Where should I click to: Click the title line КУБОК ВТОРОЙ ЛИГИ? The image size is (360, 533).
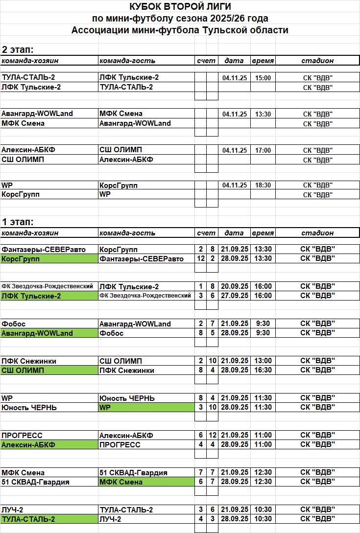tap(180, 7)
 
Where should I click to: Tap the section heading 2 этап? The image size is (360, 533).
tap(18, 49)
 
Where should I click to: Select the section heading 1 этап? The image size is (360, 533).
tap(18, 222)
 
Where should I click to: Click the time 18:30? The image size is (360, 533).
tap(263, 185)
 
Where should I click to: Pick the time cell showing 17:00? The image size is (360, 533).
tap(263, 150)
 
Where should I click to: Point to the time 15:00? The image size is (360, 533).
tap(263, 78)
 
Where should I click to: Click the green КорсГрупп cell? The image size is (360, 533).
tap(49, 258)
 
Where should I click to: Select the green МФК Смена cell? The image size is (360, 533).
tap(146, 482)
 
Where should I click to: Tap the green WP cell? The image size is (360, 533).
tap(146, 407)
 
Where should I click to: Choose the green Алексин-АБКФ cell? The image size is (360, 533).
tap(49, 445)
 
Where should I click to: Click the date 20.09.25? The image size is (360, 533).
tap(234, 287)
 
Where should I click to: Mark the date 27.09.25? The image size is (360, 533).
tap(234, 296)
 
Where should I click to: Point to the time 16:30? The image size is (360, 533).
tap(263, 371)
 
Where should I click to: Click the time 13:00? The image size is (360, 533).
tap(263, 361)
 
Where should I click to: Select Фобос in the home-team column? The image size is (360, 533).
tap(14, 324)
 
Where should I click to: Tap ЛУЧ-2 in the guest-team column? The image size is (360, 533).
tap(110, 519)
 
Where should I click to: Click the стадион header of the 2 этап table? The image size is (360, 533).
tap(317, 61)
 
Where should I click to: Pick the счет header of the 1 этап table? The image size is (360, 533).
tap(206, 233)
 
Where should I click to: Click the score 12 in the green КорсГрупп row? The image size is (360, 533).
tap(200, 258)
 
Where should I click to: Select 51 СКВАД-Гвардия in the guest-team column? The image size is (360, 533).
tap(133, 473)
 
